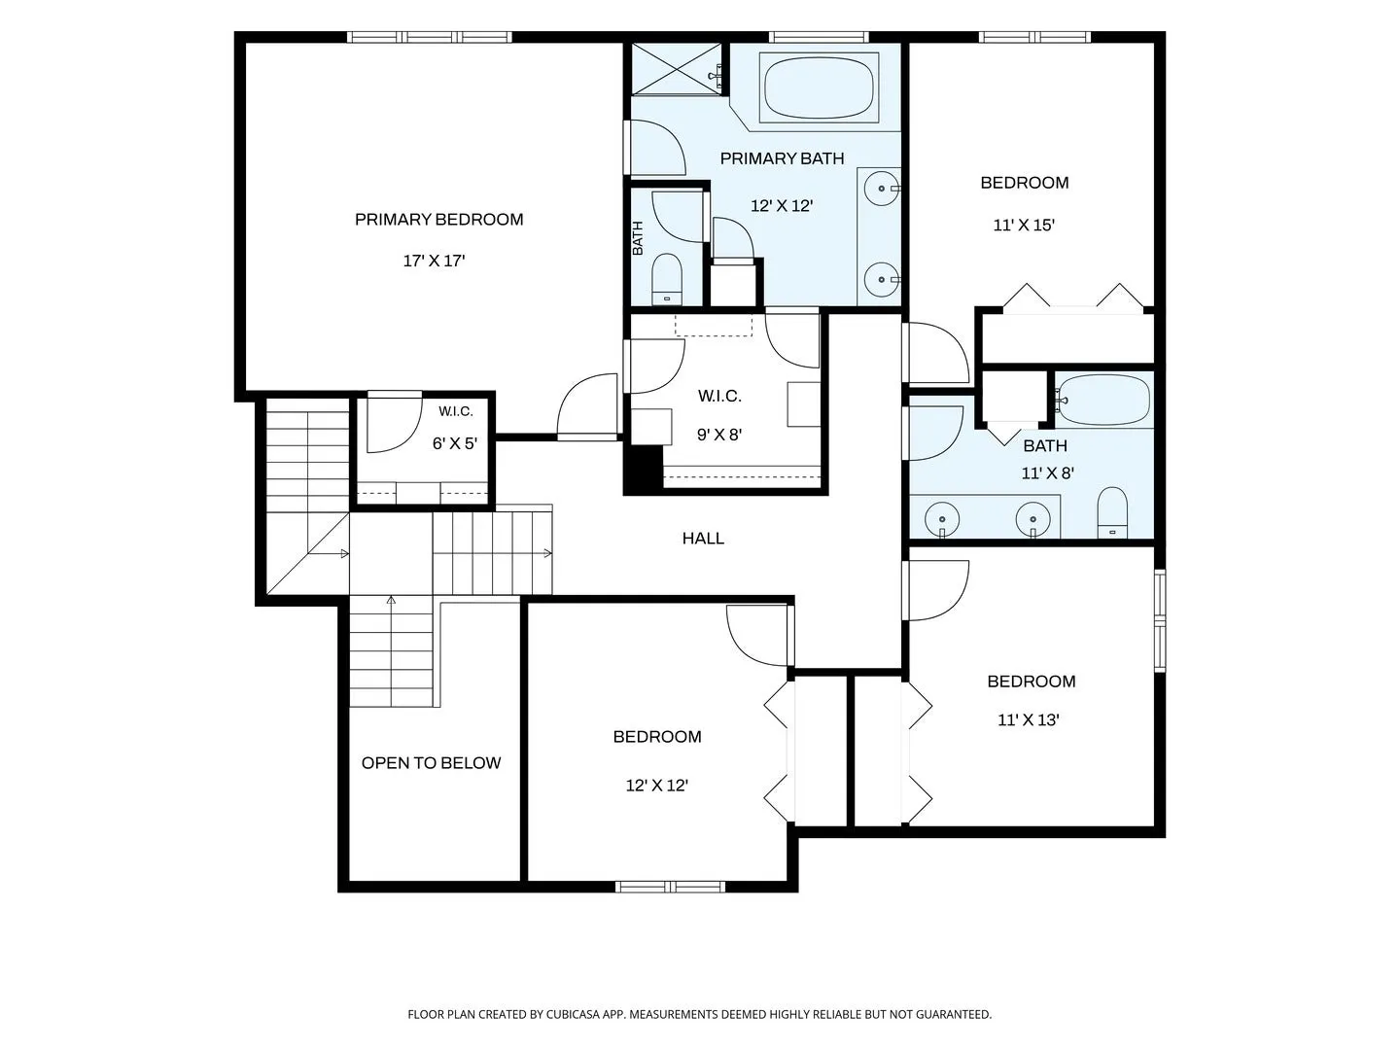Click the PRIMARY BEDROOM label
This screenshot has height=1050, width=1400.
[x=438, y=220]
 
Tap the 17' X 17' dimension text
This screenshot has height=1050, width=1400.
[x=434, y=261]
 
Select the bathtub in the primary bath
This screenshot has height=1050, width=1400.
[x=819, y=87]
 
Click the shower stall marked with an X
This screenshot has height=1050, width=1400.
[x=677, y=69]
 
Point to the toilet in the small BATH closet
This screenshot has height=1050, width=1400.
[x=667, y=279]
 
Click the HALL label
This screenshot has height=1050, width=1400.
[x=703, y=539]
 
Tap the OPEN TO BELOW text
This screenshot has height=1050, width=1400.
[x=431, y=763]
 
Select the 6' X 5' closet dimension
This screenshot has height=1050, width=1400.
[x=455, y=443]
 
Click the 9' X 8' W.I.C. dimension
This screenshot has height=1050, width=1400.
[x=719, y=435]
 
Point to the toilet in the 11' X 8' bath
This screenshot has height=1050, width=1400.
[x=1112, y=512]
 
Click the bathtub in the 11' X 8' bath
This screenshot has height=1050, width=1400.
[x=1104, y=400]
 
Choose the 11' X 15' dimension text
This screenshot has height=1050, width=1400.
[x=1024, y=225]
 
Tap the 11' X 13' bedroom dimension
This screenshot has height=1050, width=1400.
[x=1029, y=719]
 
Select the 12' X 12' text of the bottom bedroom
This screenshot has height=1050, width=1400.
[x=656, y=786]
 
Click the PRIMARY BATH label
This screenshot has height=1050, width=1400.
[x=782, y=158]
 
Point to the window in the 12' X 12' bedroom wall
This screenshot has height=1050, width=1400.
[x=670, y=887]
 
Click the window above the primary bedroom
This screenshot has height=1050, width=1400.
[x=430, y=37]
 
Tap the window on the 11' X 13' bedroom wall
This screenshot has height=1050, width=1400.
[x=1160, y=620]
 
